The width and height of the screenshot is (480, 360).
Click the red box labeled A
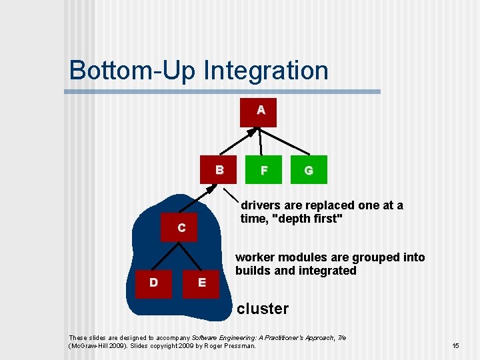[x=259, y=111]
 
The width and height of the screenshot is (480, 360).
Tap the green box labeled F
[x=264, y=171]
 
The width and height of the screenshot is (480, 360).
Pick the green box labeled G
[x=309, y=171]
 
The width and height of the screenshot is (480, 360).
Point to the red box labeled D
[x=154, y=283]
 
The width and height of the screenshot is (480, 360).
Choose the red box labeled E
[x=202, y=283]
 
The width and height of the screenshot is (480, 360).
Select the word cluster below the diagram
[x=263, y=309]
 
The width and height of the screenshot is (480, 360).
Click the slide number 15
[x=456, y=346]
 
